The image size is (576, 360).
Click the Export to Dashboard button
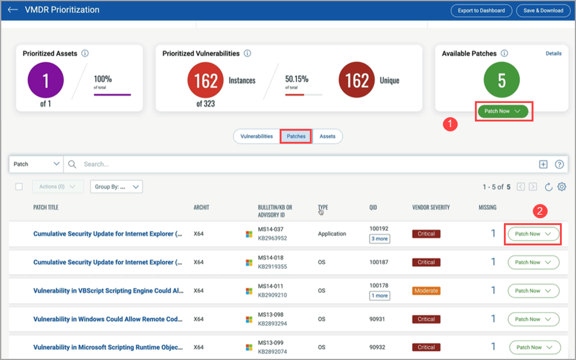481,10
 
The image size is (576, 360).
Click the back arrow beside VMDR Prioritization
13,10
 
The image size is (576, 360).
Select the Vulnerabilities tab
256,136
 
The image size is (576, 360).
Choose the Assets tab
327,136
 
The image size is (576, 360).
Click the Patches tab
296,136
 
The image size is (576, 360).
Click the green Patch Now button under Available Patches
502,111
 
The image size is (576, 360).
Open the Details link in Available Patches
553,53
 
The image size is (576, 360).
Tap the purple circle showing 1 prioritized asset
45,80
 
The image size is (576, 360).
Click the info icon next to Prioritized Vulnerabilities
247,53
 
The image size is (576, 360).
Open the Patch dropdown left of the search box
36,164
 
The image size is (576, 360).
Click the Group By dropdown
116,187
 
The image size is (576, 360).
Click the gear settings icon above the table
562,187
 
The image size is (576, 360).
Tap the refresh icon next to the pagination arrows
549,187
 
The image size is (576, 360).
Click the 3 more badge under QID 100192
380,239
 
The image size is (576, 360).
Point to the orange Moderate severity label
426,291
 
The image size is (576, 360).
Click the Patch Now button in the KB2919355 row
533,262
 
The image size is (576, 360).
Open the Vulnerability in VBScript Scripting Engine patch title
108,291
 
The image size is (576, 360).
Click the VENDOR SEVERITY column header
431,207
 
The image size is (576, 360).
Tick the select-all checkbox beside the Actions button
19,187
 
